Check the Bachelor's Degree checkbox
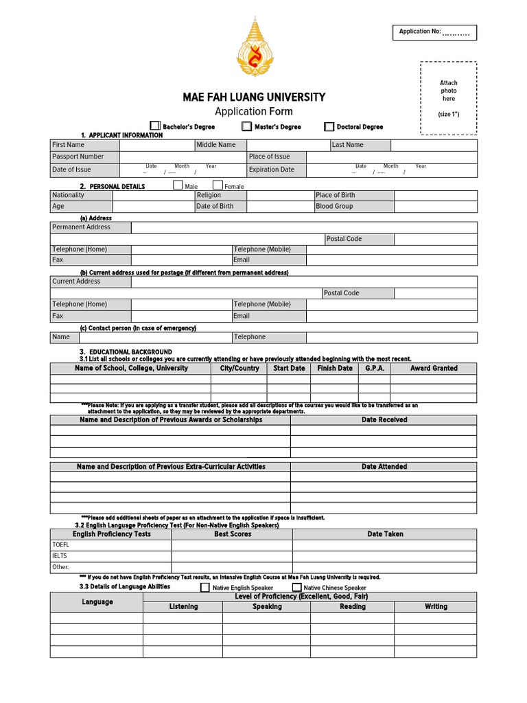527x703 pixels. tap(155, 126)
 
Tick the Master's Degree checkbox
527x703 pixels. tap(246, 126)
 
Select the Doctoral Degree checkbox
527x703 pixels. tap(329, 126)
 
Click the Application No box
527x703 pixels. tap(435, 32)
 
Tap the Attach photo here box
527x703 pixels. tap(448, 98)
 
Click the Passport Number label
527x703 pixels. tap(78, 157)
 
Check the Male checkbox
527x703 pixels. tap(178, 185)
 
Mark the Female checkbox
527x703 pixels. tap(218, 185)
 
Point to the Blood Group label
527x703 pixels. tap(334, 206)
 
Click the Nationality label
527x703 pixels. tap(68, 195)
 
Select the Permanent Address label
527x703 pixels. tap(81, 227)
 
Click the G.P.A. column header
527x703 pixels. tap(375, 369)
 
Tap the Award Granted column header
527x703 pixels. tap(434, 369)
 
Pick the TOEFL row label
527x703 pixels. tap(61, 545)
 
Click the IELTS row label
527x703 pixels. tap(60, 556)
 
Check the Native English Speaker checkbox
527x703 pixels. tap(205, 588)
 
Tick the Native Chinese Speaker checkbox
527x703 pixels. tap(296, 588)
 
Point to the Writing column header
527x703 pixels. tap(436, 607)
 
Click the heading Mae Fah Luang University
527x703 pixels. tap(254, 97)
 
